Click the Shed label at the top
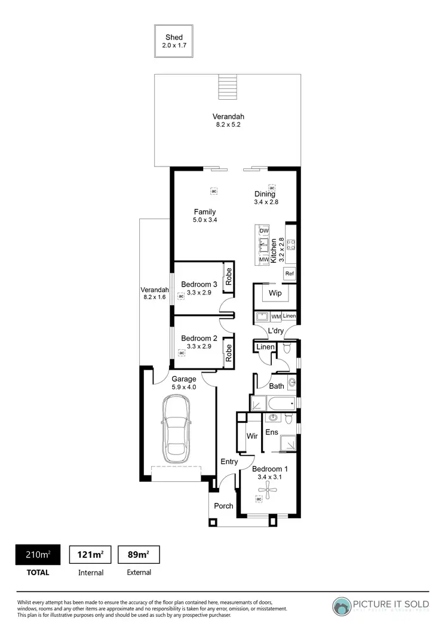coord(174,37)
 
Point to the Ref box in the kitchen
coord(289,274)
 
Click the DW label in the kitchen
coord(263,231)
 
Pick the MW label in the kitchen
coord(263,260)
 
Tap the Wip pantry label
coord(275,293)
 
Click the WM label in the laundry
coord(276,316)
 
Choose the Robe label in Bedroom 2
coord(228,352)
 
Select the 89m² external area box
coord(139,555)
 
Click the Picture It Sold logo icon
coord(342,606)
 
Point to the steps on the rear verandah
coord(227,88)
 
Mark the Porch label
coord(224,506)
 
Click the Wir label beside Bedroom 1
coord(252,437)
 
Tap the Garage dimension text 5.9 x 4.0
coord(184,387)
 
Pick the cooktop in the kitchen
coord(291,244)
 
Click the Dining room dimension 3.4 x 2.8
coord(266,202)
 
